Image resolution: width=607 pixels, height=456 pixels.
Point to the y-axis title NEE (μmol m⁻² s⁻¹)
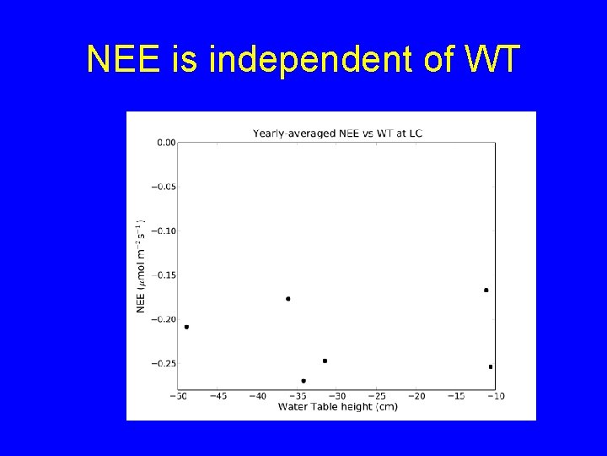click(x=141, y=266)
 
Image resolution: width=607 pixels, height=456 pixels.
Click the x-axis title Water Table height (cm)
click(x=337, y=406)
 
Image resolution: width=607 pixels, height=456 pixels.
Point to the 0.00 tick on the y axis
click(x=165, y=143)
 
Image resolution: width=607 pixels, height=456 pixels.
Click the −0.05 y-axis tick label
click(x=163, y=187)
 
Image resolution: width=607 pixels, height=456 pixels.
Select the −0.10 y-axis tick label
click(x=163, y=231)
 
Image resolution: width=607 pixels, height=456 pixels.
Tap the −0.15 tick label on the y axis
click(x=163, y=275)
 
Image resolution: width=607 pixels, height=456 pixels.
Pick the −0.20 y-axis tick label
click(x=163, y=319)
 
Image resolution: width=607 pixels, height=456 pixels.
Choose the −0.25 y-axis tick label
click(x=163, y=363)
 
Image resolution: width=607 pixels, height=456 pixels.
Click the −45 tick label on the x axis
click(x=218, y=395)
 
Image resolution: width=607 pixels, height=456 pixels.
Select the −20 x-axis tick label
click(x=416, y=395)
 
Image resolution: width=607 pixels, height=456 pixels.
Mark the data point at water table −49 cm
click(x=186, y=327)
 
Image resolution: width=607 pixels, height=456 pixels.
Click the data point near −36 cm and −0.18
click(x=288, y=299)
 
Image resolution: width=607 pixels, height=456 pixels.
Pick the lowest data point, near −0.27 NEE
click(x=303, y=381)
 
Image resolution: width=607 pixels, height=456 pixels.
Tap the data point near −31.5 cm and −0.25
click(x=325, y=361)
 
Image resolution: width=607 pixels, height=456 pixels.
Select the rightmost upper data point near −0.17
click(x=486, y=290)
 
